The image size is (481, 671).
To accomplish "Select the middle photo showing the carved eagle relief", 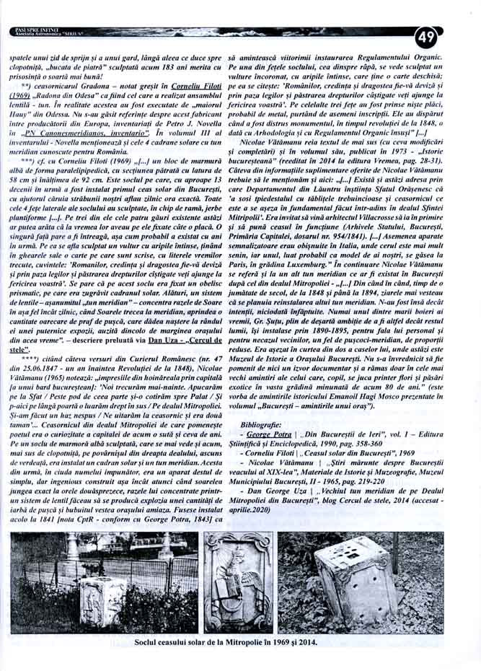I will [x=238, y=583].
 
